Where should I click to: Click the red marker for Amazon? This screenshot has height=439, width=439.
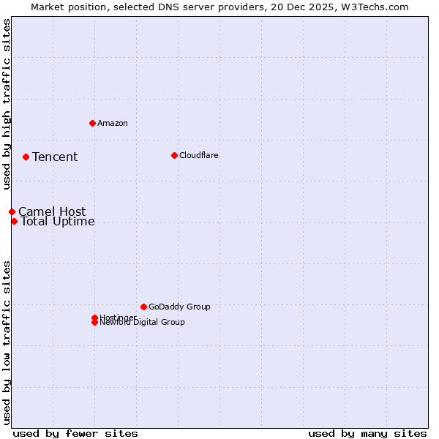(92, 123)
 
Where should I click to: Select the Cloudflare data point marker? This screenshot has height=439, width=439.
(174, 155)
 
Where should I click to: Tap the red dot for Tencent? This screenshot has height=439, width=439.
(26, 157)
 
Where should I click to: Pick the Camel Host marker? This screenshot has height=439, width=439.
(12, 211)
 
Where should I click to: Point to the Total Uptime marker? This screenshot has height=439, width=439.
(14, 221)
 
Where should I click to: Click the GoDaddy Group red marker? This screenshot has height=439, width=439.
(143, 307)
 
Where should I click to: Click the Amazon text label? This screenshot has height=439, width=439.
(113, 123)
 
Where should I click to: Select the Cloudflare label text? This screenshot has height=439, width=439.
(198, 155)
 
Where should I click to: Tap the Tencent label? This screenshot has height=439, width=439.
(55, 157)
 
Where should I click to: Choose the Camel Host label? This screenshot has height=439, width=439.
(52, 212)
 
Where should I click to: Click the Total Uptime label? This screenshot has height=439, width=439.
(58, 222)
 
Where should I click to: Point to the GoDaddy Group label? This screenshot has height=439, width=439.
(179, 307)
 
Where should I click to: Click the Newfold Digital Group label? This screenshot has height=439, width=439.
(143, 323)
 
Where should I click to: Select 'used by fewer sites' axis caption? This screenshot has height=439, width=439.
(75, 433)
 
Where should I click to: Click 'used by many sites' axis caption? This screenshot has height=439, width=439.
(367, 433)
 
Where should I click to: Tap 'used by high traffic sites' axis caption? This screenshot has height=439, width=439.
(7, 104)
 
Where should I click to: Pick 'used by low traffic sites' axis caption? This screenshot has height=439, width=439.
(7, 342)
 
